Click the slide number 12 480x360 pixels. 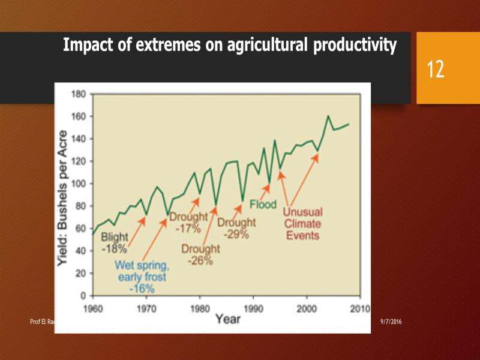click(x=436, y=69)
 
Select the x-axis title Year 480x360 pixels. click(x=229, y=318)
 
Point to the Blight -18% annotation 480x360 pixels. click(x=114, y=242)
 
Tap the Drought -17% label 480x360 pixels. click(x=187, y=221)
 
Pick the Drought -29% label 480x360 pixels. click(x=236, y=229)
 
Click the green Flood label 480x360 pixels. click(x=263, y=204)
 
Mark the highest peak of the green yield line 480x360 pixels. click(x=328, y=116)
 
